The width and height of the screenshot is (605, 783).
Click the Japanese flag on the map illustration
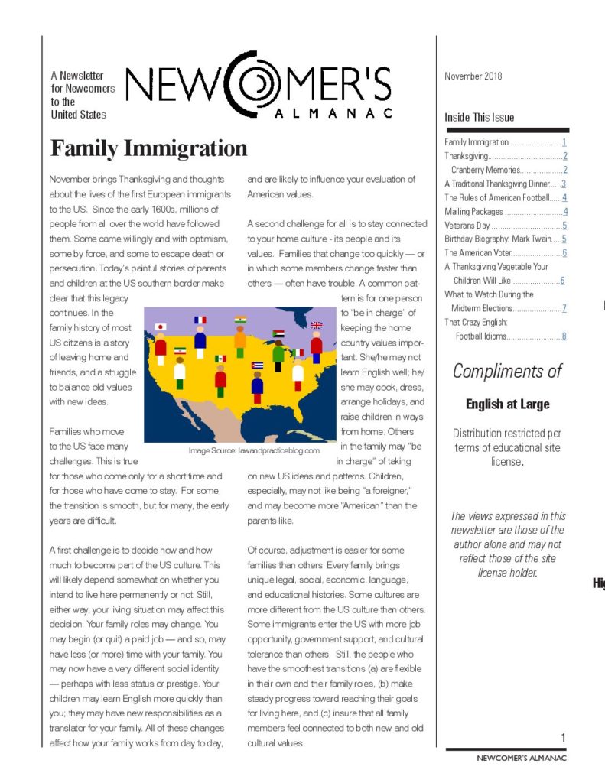coord(161,327)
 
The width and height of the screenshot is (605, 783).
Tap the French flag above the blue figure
coord(200,320)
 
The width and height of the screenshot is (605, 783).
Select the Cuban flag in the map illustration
coord(257,365)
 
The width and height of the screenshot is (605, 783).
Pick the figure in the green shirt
coord(278,356)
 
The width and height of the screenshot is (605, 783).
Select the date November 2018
coord(473,76)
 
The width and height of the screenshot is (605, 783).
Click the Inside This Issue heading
coord(480,118)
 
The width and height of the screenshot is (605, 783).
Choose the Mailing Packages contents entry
coord(474,212)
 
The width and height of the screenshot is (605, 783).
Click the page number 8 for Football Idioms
coord(564,336)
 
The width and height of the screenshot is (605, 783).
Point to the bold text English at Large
coord(507,404)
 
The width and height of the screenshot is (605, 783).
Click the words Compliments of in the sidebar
coord(507,372)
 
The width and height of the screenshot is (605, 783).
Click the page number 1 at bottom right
coord(563,737)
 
